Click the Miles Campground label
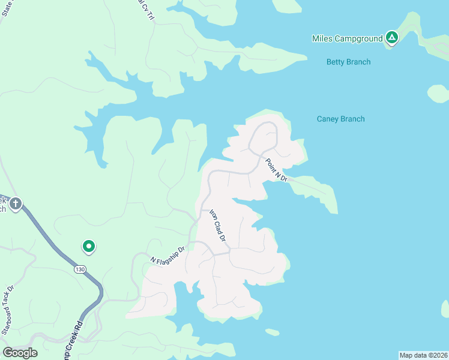pyautogui.click(x=347, y=38)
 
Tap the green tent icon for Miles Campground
pyautogui.click(x=391, y=38)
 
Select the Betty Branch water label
pyautogui.click(x=348, y=62)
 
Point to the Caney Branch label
pyautogui.click(x=340, y=119)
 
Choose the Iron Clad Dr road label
pyautogui.click(x=217, y=226)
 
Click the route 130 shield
pyautogui.click(x=80, y=269)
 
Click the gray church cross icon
pyautogui.click(x=16, y=204)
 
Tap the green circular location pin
pyautogui.click(x=88, y=246)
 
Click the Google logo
pyautogui.click(x=20, y=353)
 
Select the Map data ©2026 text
pyautogui.click(x=423, y=355)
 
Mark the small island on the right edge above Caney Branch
pyautogui.click(x=438, y=93)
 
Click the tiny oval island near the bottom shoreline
pyautogui.click(x=272, y=332)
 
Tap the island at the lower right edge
pyautogui.click(x=445, y=308)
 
